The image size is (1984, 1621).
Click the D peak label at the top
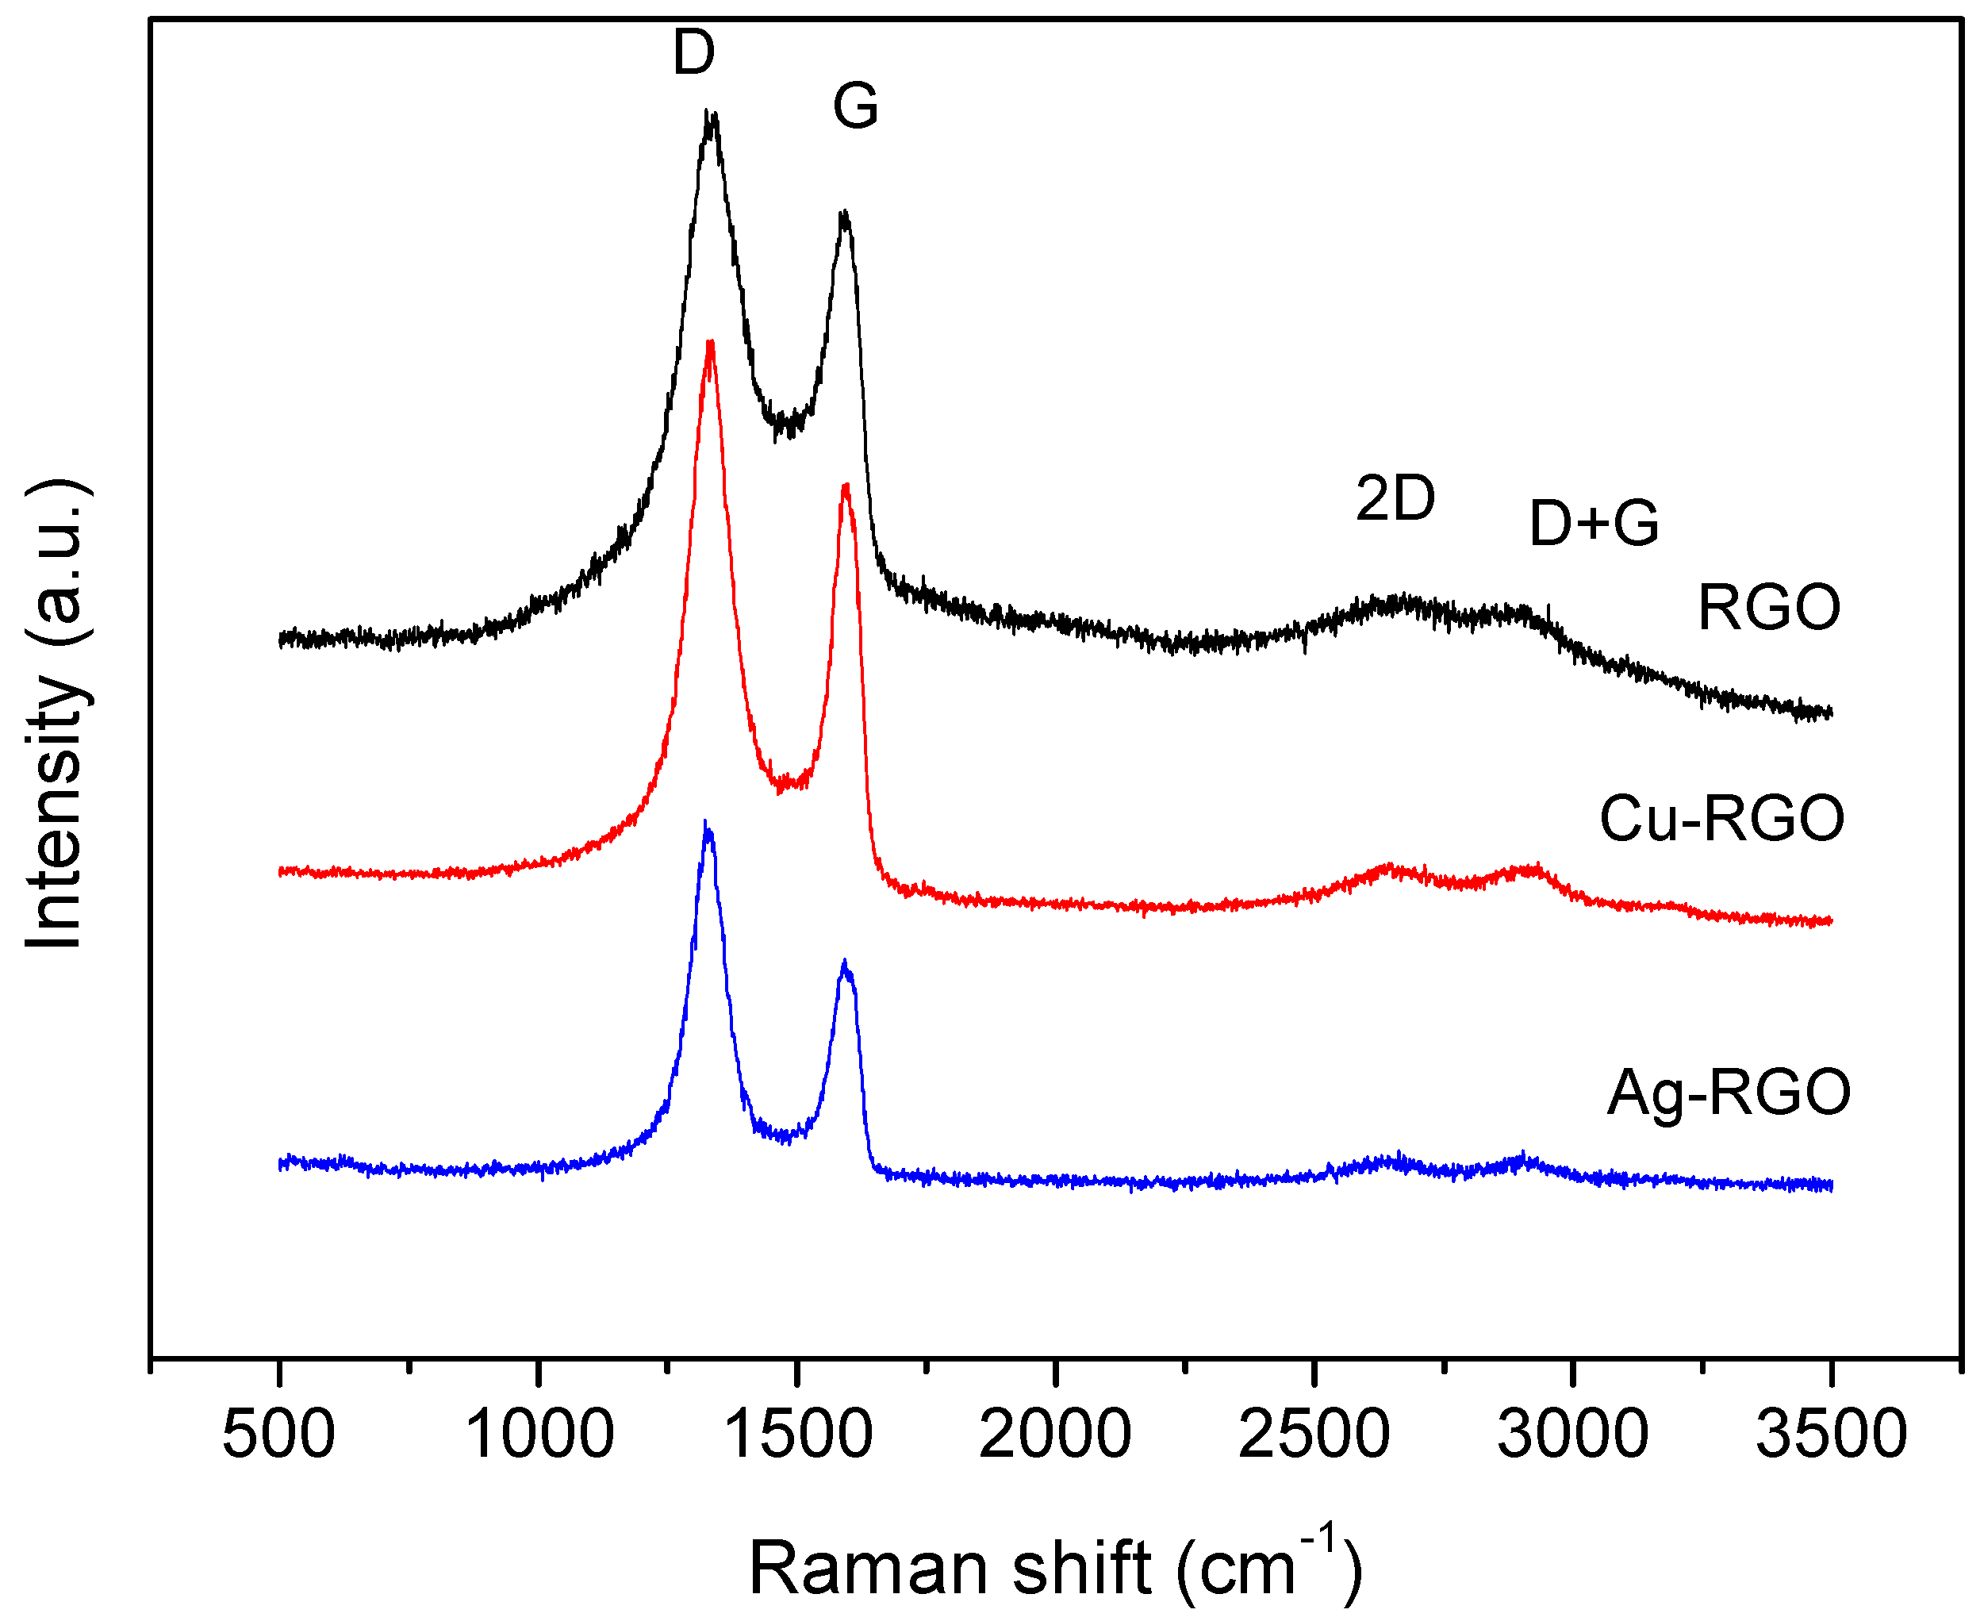click(x=693, y=53)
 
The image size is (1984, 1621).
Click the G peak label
click(x=855, y=106)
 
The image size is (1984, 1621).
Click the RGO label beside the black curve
click(x=1768, y=608)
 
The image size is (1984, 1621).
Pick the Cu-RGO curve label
click(x=1721, y=819)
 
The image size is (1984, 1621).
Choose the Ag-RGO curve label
click(x=1729, y=1093)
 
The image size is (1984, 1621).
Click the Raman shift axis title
click(x=1055, y=1569)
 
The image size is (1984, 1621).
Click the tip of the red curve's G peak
click(x=845, y=486)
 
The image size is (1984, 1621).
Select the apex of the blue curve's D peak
click(x=707, y=824)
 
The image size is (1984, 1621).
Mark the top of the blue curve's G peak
click(x=845, y=962)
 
